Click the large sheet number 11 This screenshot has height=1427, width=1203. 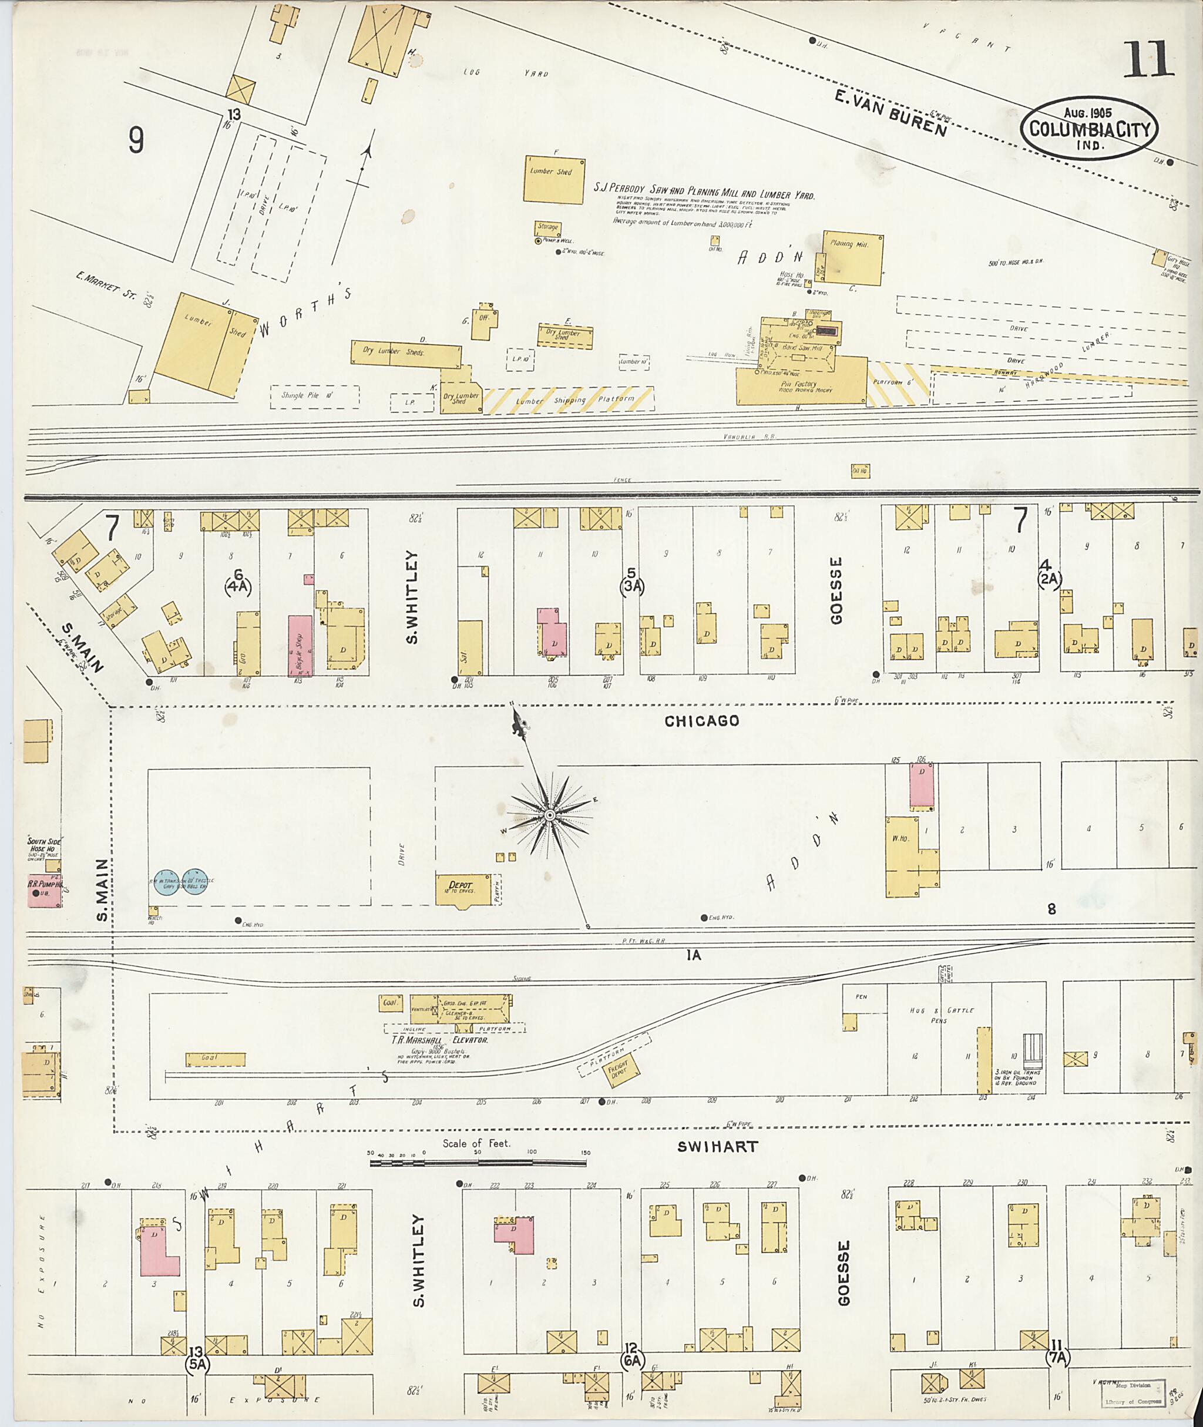1150,60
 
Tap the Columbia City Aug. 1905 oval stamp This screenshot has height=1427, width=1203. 1090,128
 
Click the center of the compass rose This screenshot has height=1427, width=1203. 549,815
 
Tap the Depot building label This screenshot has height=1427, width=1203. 461,885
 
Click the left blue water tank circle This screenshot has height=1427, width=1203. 166,881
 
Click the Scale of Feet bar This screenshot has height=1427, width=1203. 479,1161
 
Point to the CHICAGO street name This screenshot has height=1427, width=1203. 702,721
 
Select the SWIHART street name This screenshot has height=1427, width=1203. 717,1147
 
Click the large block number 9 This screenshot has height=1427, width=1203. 136,140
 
